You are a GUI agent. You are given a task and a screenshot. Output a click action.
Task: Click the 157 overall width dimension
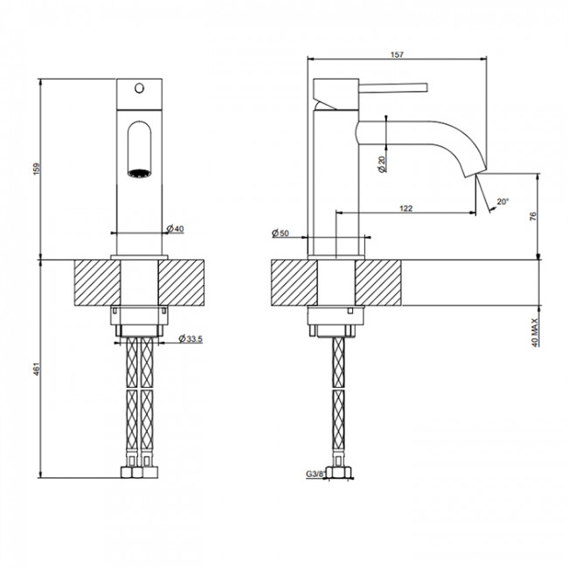pyautogui.click(x=397, y=55)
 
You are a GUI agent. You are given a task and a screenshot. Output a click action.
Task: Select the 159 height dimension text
pyautogui.click(x=38, y=170)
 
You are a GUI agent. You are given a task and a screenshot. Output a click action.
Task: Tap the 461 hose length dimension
pyautogui.click(x=38, y=369)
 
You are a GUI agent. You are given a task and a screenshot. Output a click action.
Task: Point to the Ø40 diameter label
pyautogui.click(x=176, y=229)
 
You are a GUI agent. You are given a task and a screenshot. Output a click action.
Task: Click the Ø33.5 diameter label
pyautogui.click(x=190, y=339)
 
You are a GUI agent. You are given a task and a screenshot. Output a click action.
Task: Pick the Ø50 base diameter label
pyautogui.click(x=281, y=233)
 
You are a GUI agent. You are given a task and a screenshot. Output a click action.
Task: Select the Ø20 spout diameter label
pyautogui.click(x=382, y=164)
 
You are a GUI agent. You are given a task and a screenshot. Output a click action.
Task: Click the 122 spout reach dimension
pyautogui.click(x=405, y=208)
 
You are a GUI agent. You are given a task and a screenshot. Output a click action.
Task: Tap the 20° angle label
pyautogui.click(x=502, y=201)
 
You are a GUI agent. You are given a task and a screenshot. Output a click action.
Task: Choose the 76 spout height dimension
pyautogui.click(x=533, y=216)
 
